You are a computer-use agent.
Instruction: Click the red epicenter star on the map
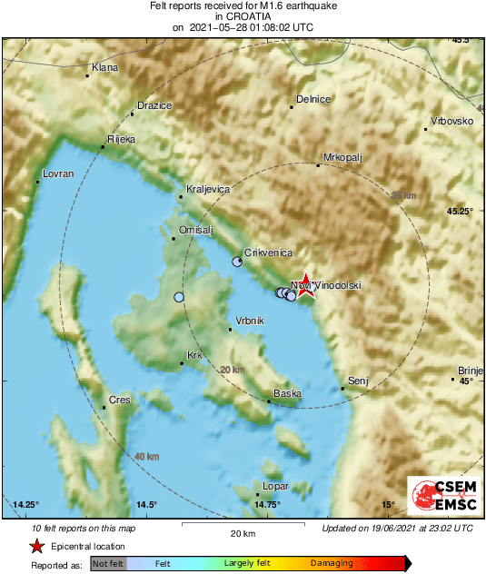[306, 285]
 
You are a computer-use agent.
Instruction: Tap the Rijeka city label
[121, 139]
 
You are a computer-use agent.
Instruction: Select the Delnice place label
[314, 99]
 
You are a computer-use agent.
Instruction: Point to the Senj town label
[357, 381]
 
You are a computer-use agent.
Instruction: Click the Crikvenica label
[267, 252]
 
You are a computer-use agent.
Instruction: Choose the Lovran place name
[56, 174]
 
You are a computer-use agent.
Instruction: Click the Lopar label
[275, 486]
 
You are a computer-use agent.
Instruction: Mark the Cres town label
[119, 400]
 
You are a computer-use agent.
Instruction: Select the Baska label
[287, 393]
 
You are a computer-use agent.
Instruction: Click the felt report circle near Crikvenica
[237, 262]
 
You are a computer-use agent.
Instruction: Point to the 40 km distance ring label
[146, 456]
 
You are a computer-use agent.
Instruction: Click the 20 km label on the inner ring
[233, 370]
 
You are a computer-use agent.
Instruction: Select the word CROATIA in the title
[243, 16]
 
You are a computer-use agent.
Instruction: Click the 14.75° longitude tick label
[267, 505]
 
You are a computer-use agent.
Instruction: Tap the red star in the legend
[36, 546]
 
